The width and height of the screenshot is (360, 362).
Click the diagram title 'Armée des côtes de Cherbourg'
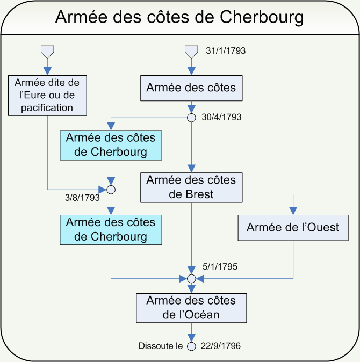179,17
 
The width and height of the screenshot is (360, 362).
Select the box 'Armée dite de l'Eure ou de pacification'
47,96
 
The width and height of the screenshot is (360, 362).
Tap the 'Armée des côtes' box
191,88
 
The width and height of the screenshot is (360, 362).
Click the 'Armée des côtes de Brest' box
191,187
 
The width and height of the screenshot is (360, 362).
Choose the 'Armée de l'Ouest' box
293,228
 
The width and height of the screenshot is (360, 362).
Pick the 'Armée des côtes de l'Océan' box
191,308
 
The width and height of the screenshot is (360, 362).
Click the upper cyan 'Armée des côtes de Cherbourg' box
111,145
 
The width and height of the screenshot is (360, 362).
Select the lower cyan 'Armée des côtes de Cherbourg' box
111,230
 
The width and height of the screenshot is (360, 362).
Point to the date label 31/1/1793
226,51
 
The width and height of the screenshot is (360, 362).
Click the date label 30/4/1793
221,117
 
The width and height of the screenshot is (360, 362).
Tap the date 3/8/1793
82,198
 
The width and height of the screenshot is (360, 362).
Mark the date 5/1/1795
220,266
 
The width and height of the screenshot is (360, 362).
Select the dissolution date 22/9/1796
221,346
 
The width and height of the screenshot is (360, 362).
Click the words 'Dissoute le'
161,346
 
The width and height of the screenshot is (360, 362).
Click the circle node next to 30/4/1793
191,118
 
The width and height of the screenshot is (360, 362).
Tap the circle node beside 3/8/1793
111,190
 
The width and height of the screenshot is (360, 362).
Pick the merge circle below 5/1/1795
191,279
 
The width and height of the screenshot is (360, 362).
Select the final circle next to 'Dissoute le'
191,346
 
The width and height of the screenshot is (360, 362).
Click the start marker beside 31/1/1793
191,52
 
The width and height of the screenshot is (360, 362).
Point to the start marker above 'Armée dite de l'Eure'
47,52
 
